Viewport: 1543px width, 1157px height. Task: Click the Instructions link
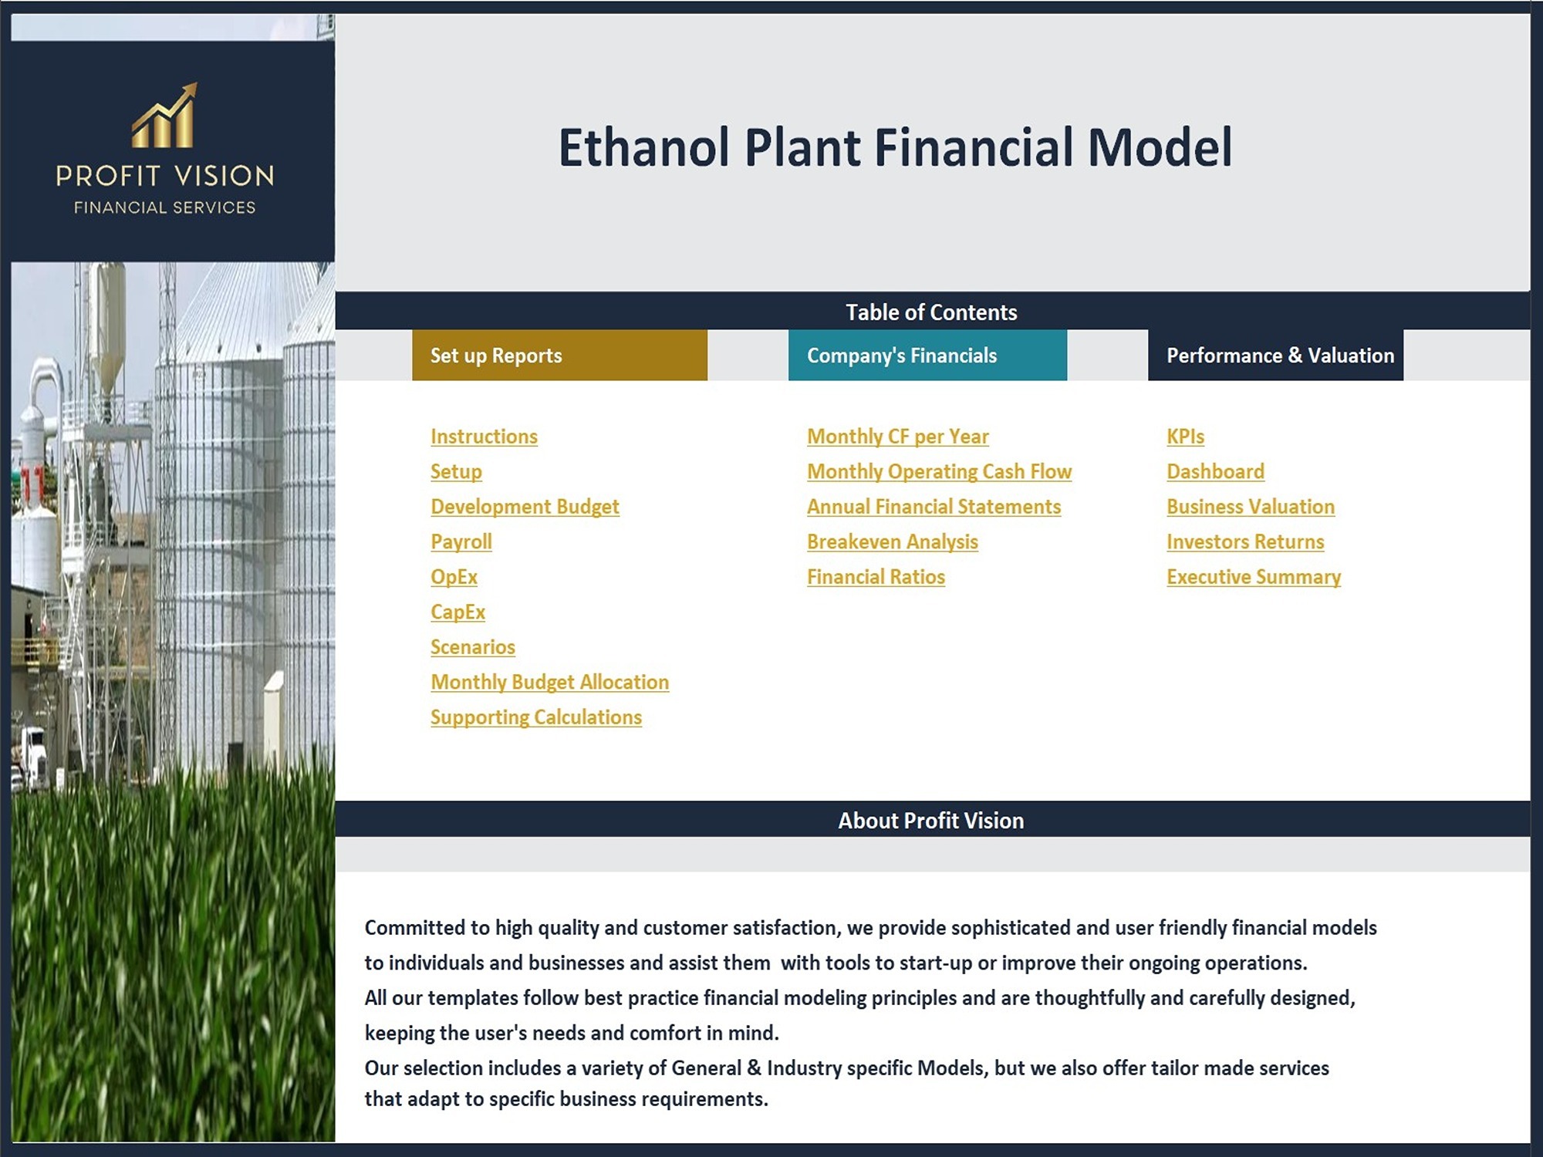tap(484, 437)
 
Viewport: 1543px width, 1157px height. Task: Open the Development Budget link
tap(525, 507)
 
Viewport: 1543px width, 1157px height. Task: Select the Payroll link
tap(461, 542)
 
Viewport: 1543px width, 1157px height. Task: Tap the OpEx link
tap(454, 577)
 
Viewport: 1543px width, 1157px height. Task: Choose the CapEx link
tap(457, 612)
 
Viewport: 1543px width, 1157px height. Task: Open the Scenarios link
tap(473, 647)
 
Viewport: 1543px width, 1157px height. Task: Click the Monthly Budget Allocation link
tap(550, 683)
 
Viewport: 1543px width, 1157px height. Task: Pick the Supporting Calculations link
tap(536, 717)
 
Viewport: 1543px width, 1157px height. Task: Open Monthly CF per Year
tap(898, 437)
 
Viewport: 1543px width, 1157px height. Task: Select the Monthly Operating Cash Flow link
tap(940, 472)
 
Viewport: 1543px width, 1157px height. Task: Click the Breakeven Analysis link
tap(893, 542)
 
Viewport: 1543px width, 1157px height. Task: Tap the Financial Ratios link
tap(876, 577)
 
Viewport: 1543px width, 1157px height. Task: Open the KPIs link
tap(1186, 437)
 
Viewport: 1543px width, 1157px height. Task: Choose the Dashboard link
tap(1216, 471)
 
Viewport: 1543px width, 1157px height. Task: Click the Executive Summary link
tap(1254, 577)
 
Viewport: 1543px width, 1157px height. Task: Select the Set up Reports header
tap(559, 355)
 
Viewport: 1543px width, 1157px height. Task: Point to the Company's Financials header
tap(927, 355)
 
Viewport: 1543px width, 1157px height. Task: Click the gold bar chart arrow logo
tap(164, 116)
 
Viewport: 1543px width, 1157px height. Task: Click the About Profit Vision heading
tap(931, 821)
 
